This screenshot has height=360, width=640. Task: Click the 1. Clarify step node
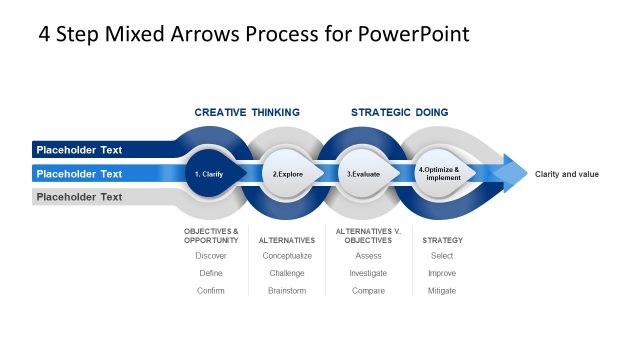coord(210,174)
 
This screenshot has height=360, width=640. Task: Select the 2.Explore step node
coord(288,174)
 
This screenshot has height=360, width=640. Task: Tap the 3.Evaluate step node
coord(364,174)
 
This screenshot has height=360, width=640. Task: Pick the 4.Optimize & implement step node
coord(439,174)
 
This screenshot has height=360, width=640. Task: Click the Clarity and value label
coord(567,174)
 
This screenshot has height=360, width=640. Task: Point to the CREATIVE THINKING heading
coord(247,112)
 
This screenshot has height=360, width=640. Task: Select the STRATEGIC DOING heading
coord(399,112)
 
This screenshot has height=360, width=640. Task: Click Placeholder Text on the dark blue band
coord(79,150)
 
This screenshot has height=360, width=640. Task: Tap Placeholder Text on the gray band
coord(79,197)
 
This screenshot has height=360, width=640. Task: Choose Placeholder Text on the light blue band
coord(79,174)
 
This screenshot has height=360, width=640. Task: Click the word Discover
coord(211,256)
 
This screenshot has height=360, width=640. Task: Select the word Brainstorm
coord(287,291)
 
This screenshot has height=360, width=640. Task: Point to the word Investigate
coord(368,273)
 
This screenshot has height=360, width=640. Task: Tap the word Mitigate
coord(441,291)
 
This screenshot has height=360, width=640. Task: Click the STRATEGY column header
coord(442,240)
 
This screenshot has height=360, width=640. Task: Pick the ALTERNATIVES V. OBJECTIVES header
coord(368,236)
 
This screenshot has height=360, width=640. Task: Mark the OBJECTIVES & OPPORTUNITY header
coord(211,236)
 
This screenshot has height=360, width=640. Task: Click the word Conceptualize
coord(287,256)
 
